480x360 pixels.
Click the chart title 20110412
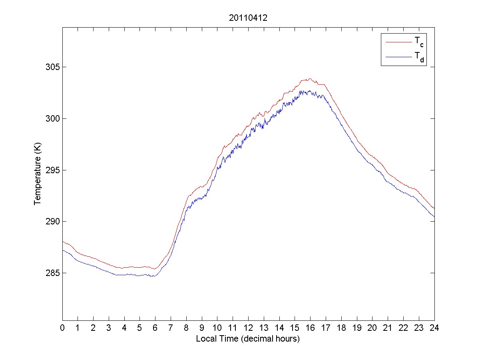(x=248, y=18)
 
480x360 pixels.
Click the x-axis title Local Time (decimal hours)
(x=248, y=339)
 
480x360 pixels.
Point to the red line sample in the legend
(x=398, y=42)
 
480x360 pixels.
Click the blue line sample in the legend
(x=398, y=57)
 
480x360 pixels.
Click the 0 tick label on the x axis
(x=62, y=328)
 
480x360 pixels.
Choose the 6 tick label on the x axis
(x=155, y=328)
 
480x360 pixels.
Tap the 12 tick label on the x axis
(x=248, y=328)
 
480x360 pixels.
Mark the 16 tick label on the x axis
(x=310, y=328)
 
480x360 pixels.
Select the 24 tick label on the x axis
(x=434, y=328)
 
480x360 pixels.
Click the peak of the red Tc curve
(x=309, y=79)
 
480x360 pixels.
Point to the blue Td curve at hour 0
(x=63, y=250)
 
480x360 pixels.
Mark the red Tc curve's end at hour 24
(x=434, y=208)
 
